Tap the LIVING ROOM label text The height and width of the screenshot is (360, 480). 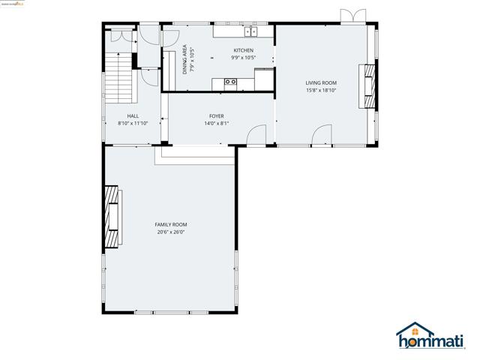(320, 82)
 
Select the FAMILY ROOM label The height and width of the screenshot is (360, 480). (171, 224)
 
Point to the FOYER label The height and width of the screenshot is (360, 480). (217, 116)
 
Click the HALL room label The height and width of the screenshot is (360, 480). (133, 116)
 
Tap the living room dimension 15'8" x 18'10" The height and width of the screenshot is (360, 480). (320, 90)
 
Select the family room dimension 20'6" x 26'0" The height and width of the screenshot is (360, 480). (171, 232)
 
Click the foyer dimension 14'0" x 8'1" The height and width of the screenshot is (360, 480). (217, 124)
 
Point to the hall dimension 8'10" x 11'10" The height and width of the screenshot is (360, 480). (133, 124)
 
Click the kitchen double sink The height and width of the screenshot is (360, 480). (250, 31)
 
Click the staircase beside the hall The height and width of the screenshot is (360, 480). (119, 79)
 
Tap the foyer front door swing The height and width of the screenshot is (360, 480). (257, 134)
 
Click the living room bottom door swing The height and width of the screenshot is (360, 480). (322, 134)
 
